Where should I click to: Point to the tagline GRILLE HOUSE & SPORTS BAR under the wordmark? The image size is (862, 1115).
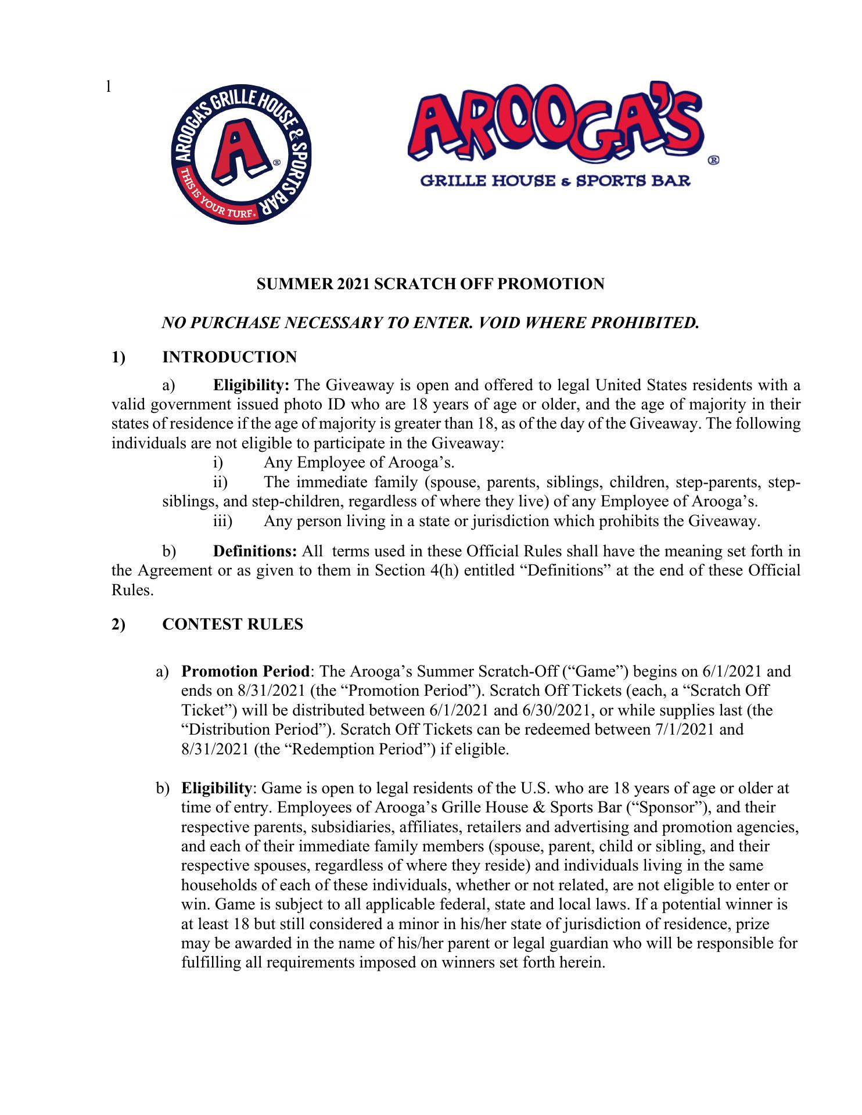tap(555, 181)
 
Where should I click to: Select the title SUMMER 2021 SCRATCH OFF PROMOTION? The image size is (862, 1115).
tap(430, 284)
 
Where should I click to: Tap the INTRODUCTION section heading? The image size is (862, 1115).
tap(229, 357)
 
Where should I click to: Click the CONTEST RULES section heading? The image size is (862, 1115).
tap(232, 624)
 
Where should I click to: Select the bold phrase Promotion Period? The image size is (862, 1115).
tap(246, 672)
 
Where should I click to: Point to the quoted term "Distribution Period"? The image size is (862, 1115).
tap(254, 729)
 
